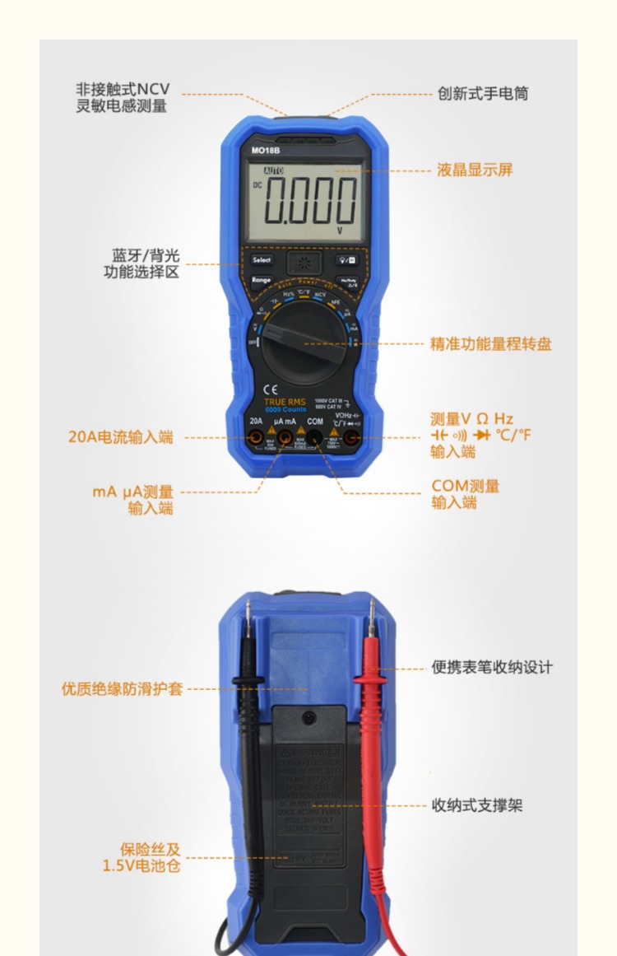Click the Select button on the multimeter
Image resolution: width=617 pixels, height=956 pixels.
pos(262,259)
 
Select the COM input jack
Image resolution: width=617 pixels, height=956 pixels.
pos(315,438)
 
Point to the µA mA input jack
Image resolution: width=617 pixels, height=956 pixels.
pos(285,438)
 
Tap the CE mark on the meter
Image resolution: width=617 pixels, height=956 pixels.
pos(270,389)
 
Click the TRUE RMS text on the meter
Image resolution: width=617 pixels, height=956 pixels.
pos(285,402)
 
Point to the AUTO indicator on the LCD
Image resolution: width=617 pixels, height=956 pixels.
pos(273,170)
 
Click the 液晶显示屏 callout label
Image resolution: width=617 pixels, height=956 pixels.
pos(475,170)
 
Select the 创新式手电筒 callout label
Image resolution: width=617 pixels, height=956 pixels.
pos(483,94)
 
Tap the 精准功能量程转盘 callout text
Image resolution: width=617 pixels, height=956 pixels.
pos(491,344)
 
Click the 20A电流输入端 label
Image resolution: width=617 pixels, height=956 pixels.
pos(121,437)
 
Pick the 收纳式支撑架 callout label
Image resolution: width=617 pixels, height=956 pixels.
pos(477,805)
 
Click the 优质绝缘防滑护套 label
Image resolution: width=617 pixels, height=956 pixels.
pos(122,688)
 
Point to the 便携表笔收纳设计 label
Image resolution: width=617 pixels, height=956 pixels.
pos(492,668)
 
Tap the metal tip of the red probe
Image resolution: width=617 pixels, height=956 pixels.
pos(372,613)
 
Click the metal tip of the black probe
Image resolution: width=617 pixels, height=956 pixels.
pos(248,613)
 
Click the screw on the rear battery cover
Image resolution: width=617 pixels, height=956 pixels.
pos(308,718)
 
